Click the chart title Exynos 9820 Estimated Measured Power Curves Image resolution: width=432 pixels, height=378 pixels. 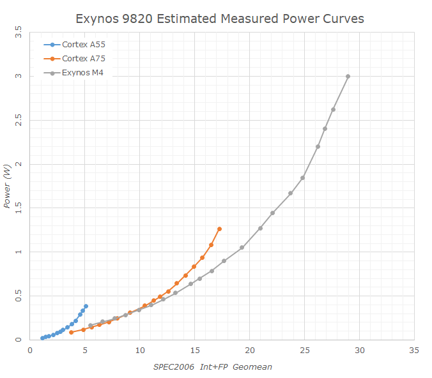coord(220,19)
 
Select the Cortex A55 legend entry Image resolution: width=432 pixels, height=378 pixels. coord(83,45)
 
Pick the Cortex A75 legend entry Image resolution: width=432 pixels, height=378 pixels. coord(83,58)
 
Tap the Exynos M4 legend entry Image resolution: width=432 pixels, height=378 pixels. coord(82,72)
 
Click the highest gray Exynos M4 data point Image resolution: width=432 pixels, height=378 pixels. coord(348,76)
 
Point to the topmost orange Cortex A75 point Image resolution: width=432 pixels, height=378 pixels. coord(219,229)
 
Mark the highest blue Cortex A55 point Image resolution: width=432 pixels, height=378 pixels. coord(86,306)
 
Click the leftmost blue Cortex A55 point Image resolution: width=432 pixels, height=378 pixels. coord(42,338)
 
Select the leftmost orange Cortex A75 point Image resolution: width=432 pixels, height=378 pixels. coord(71,332)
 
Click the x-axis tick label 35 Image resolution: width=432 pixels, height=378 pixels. coord(415,350)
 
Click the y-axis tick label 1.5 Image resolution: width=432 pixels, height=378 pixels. coord(19,208)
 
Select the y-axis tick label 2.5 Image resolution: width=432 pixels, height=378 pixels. coord(19,120)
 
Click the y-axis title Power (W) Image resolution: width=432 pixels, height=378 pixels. coord(7,186)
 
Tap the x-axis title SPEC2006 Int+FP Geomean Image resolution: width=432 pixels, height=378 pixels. coord(217,367)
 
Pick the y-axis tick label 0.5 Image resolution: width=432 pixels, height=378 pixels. coord(19,296)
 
